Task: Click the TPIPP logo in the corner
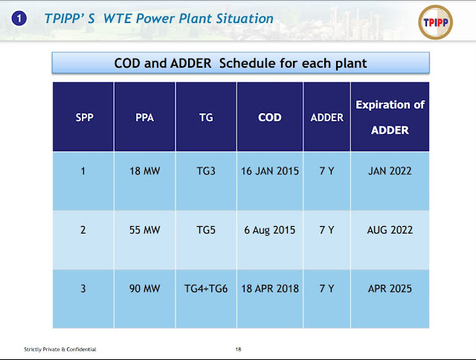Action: [x=435, y=22]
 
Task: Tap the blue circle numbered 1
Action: [x=19, y=18]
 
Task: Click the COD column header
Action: [x=269, y=118]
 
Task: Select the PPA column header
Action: [x=144, y=118]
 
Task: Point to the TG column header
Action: [x=206, y=118]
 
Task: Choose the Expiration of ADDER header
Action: [x=390, y=118]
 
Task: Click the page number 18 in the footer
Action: [x=238, y=350]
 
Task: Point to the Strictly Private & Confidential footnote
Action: [x=60, y=350]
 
